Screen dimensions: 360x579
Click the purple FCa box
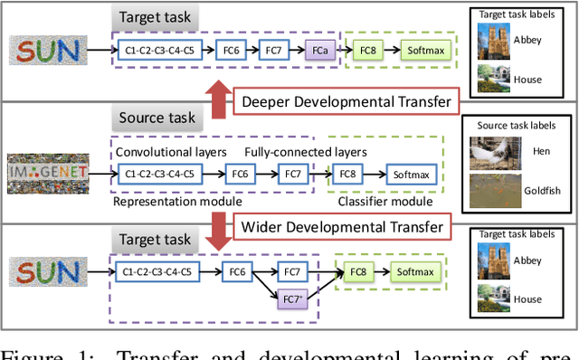319,51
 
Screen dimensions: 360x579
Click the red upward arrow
216,98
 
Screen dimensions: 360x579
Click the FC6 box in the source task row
240,174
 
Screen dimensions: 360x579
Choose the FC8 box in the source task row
348,174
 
